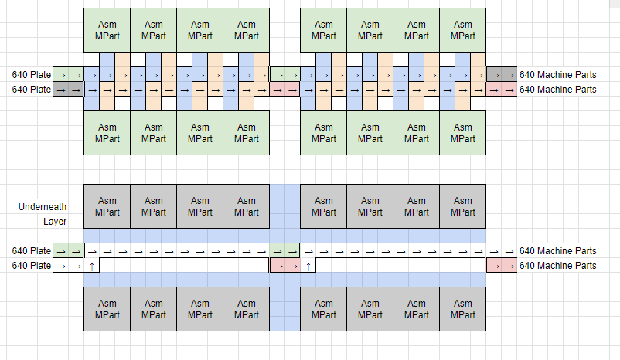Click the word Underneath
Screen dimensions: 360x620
coord(42,207)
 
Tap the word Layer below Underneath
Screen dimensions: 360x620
coord(54,222)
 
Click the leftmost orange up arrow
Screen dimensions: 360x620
coord(91,266)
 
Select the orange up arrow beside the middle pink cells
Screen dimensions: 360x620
coord(308,266)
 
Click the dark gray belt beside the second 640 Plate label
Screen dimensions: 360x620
coord(68,90)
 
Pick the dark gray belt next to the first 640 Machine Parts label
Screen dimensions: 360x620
coord(501,75)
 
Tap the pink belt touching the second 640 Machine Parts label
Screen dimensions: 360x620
coord(501,90)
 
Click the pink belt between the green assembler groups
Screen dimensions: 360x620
coord(284,90)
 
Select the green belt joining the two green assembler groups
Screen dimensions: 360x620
coord(284,75)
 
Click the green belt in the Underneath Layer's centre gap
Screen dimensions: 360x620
coord(284,251)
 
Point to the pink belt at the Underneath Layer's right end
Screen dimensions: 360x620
coord(501,266)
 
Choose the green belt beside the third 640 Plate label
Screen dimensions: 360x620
coord(68,251)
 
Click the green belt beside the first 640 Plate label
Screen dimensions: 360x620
coord(68,75)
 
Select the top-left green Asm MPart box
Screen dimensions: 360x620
coord(107,30)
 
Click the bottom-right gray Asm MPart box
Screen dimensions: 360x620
coord(462,309)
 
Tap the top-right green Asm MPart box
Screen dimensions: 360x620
coord(462,30)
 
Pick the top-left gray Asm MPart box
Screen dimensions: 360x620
coord(107,206)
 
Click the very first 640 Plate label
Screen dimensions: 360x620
coord(31,75)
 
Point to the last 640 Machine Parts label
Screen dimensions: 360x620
coord(557,266)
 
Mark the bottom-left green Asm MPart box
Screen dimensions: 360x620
coord(107,133)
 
